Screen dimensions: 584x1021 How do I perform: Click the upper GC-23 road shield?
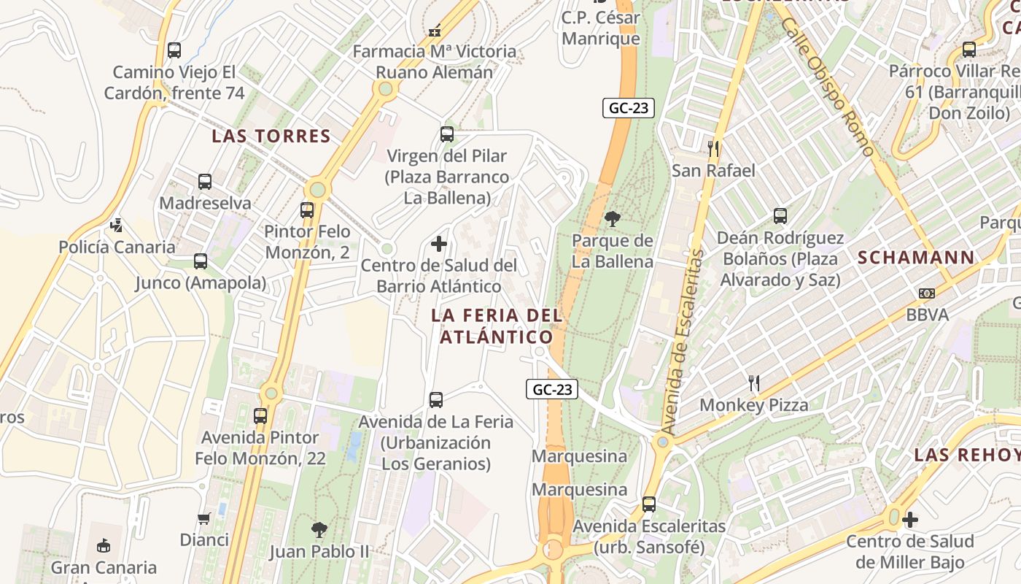point(629,108)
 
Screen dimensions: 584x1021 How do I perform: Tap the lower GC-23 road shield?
point(552,389)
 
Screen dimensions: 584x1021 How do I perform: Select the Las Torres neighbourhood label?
point(271,136)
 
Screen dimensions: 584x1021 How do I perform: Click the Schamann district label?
point(916,257)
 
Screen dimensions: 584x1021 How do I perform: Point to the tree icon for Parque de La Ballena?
point(613,218)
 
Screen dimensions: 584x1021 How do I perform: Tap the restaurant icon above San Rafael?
point(713,149)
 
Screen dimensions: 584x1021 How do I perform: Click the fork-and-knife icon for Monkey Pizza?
point(754,383)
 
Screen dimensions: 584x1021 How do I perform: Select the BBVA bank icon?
point(927,293)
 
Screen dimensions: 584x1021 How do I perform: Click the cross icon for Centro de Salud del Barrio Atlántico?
point(439,243)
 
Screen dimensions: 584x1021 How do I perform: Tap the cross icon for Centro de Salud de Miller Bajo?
point(909,520)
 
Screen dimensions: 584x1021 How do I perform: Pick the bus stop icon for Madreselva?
point(205,181)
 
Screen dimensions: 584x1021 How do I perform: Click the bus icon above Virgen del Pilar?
point(447,134)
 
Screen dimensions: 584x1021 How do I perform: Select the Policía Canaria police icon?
point(117,225)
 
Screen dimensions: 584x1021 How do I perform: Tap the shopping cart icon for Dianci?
point(204,518)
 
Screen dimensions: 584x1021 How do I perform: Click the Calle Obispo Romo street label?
point(828,87)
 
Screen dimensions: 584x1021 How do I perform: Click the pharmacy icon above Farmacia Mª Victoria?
point(435,31)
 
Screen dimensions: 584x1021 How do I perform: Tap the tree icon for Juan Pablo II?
point(319,529)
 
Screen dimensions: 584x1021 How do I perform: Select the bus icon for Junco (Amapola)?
point(201,261)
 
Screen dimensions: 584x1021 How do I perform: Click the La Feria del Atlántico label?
point(496,326)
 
